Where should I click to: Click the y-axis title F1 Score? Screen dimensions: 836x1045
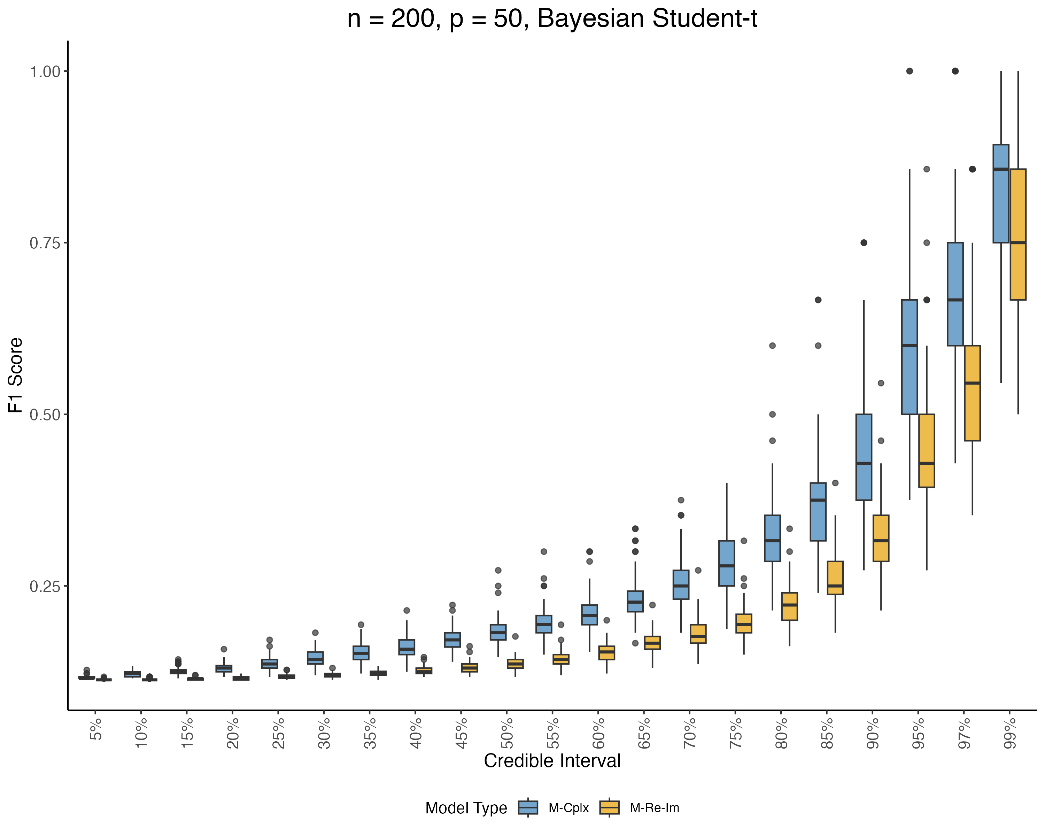(x=16, y=375)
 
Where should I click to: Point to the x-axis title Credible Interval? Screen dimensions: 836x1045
(x=552, y=760)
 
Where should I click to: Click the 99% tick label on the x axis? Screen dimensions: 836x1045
(x=1009, y=733)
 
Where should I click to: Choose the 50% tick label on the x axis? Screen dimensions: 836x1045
(x=507, y=733)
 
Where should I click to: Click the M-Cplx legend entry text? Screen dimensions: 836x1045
(x=568, y=808)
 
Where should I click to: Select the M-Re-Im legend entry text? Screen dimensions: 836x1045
(x=654, y=808)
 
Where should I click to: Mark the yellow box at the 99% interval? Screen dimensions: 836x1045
(x=1018, y=234)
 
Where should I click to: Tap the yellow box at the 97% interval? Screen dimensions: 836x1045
(x=972, y=393)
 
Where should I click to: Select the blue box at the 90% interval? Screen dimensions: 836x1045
(x=864, y=457)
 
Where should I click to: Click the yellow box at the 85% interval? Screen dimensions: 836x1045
(x=835, y=578)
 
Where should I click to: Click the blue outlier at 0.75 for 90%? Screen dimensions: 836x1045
(x=864, y=243)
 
